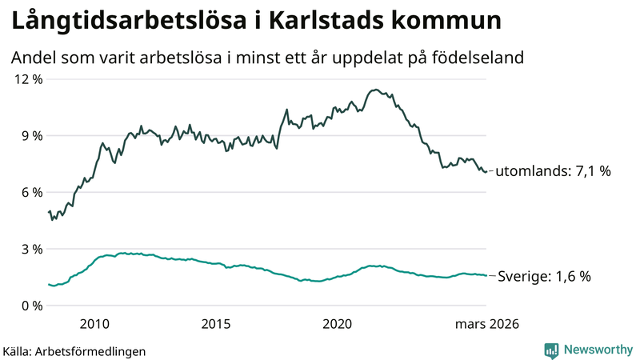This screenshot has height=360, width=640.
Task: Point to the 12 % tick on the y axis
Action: click(x=26, y=79)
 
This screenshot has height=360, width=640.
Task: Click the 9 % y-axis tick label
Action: click(x=30, y=136)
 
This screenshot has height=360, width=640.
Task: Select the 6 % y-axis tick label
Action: click(x=30, y=193)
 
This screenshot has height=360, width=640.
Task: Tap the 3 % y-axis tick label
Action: click(x=30, y=249)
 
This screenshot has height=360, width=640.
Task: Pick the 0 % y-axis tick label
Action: click(x=30, y=306)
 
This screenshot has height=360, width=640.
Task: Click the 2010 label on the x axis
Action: click(x=94, y=324)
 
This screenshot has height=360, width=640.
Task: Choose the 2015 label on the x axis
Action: click(x=216, y=324)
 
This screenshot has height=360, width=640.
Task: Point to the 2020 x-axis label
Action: click(x=338, y=324)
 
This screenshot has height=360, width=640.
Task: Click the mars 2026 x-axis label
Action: click(x=487, y=324)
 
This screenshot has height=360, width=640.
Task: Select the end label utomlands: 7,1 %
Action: click(x=554, y=172)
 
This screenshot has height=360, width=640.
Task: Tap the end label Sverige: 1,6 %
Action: click(x=544, y=277)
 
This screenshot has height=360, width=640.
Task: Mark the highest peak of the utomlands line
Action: click(x=375, y=90)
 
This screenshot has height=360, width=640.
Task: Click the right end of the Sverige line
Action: click(x=486, y=275)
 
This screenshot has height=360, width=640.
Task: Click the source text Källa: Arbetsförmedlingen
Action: click(x=74, y=350)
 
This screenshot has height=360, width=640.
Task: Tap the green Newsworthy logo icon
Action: click(x=551, y=350)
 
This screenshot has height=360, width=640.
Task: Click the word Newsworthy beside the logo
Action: click(x=598, y=350)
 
